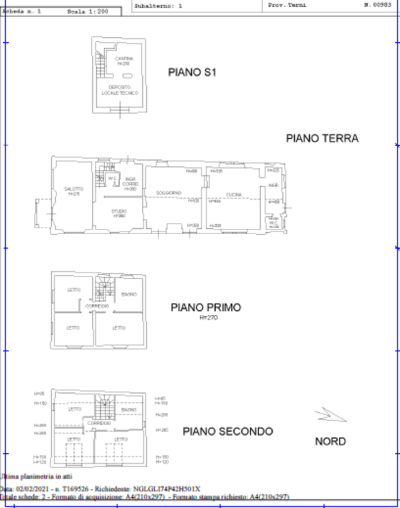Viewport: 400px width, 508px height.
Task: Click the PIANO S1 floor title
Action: (x=192, y=73)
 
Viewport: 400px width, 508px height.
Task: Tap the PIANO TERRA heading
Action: (x=322, y=138)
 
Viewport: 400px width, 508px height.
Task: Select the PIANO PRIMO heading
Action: (x=205, y=308)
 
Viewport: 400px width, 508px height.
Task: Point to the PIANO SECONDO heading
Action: (x=227, y=431)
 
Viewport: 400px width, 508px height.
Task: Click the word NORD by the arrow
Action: (x=330, y=441)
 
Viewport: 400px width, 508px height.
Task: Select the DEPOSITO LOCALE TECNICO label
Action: (x=120, y=90)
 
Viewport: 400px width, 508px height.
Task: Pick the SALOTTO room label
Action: (x=73, y=190)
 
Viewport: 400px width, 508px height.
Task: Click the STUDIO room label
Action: (x=119, y=212)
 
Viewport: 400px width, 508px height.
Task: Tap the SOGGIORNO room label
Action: (x=169, y=192)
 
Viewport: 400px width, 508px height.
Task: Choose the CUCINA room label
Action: (x=233, y=194)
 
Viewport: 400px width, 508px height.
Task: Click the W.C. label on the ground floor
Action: (x=113, y=177)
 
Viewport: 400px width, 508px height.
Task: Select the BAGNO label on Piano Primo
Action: (x=129, y=294)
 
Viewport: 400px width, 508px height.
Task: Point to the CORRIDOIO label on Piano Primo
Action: (x=97, y=306)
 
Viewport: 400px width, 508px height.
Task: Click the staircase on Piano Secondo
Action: (x=103, y=405)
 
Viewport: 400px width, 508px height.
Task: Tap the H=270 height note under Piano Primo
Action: (x=208, y=317)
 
